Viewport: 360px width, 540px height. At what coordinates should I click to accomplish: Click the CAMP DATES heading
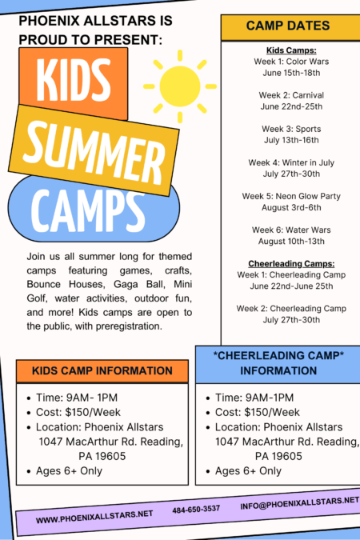(x=287, y=26)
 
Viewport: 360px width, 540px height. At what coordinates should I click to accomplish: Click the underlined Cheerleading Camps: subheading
(x=287, y=263)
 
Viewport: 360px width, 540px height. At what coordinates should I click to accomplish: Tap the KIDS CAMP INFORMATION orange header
(x=102, y=371)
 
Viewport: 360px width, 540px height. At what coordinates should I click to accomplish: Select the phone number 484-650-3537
(x=196, y=509)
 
